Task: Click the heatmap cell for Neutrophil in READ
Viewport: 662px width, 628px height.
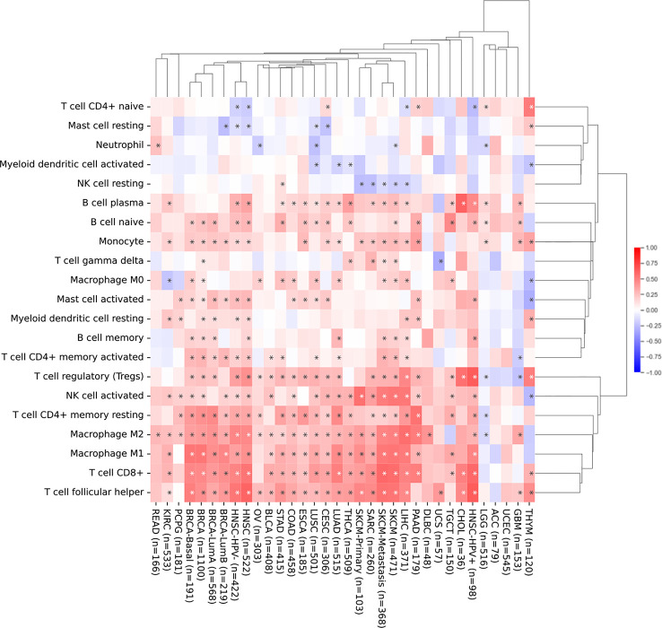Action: point(157,144)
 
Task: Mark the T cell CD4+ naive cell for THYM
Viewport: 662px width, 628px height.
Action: point(530,106)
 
